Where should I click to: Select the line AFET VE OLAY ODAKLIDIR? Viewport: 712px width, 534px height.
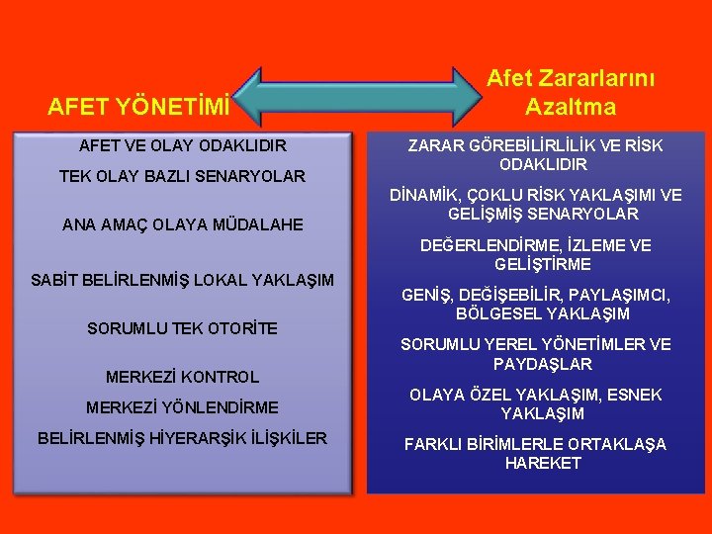click(183, 146)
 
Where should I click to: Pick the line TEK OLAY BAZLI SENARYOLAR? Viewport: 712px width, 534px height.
click(183, 177)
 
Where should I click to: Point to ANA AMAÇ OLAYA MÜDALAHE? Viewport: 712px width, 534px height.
click(183, 224)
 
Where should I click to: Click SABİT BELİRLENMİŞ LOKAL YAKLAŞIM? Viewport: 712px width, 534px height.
click(183, 280)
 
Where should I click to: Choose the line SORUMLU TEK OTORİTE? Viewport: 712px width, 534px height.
click(183, 328)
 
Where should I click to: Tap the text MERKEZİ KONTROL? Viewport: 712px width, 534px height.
click(183, 377)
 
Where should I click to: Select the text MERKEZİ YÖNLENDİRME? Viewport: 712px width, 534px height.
click(183, 407)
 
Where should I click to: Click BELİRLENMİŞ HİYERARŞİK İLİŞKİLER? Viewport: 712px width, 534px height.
click(183, 438)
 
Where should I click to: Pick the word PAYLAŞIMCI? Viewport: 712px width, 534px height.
click(622, 296)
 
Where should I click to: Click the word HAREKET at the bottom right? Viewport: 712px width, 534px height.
click(543, 463)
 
